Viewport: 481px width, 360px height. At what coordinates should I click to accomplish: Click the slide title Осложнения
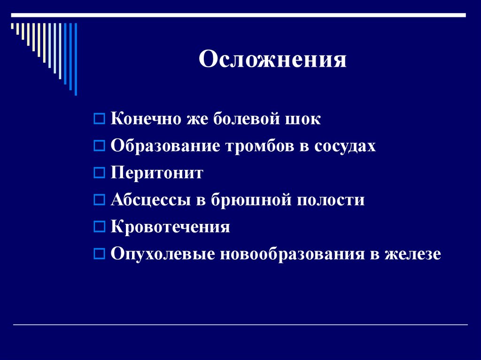coord(272,60)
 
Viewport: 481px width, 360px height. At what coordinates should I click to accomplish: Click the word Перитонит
coord(157,173)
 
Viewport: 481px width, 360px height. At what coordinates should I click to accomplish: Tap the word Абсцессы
coord(149,200)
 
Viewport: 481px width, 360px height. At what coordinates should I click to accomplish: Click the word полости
coord(331,200)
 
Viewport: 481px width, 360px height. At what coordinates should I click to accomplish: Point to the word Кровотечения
coord(170,227)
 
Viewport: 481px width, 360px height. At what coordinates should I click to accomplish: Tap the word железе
coord(413,254)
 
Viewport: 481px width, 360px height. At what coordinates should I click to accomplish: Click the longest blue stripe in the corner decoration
coord(76,59)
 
